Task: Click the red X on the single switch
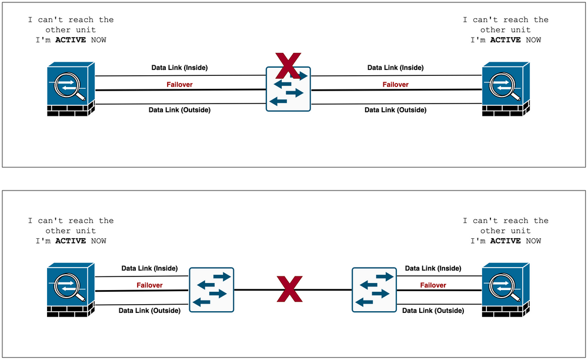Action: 288,66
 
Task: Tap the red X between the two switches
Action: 289,289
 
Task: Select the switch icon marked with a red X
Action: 288,89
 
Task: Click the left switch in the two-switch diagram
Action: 212,290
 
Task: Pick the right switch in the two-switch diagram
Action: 374,290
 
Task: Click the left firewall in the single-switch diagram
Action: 71,89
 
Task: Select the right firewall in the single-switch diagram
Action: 506,89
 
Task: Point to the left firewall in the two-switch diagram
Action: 71,290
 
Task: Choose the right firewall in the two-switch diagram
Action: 506,290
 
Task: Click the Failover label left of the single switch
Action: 179,84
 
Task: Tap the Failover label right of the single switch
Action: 396,84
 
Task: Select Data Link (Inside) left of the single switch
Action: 179,68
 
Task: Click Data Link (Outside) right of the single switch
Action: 396,110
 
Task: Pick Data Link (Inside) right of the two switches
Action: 433,268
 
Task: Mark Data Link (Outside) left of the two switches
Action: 149,311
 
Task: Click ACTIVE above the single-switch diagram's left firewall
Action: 71,40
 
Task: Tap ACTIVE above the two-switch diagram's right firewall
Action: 506,241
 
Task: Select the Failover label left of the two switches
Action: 149,285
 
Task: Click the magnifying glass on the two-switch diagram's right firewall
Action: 504,287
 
